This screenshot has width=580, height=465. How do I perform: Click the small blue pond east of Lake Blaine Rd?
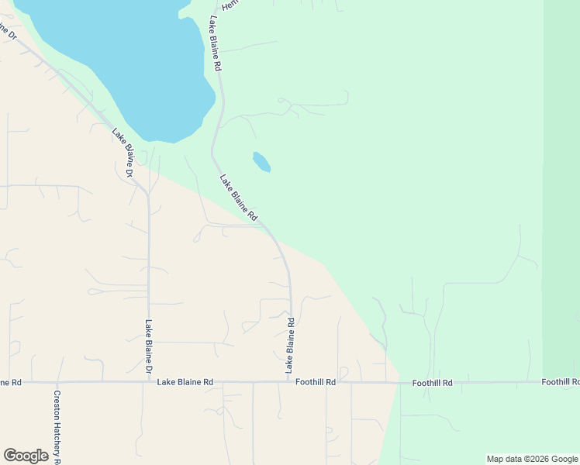[261, 161]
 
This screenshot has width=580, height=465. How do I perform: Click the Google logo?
[26, 456]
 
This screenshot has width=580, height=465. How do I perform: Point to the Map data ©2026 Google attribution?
[532, 459]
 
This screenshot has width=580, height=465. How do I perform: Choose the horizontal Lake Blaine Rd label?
[185, 382]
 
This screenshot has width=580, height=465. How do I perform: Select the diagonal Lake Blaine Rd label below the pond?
[238, 198]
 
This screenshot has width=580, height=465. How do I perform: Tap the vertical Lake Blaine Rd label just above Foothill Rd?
[291, 346]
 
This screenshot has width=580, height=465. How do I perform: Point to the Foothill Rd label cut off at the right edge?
[561, 382]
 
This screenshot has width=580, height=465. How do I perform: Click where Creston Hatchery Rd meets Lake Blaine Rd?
[57, 382]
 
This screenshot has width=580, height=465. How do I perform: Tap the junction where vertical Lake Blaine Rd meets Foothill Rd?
[291, 382]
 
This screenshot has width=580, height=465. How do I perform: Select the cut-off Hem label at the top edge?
[230, 5]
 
